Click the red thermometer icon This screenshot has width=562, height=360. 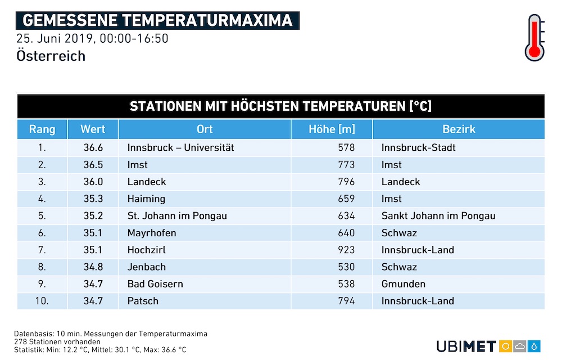pyautogui.click(x=534, y=38)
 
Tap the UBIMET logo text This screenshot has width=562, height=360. pyautogui.click(x=466, y=346)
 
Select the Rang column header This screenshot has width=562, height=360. pyautogui.click(x=42, y=129)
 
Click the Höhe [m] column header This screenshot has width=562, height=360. pyautogui.click(x=332, y=129)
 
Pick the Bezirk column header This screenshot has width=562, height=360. pyautogui.click(x=459, y=129)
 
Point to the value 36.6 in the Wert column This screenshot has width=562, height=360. pyautogui.click(x=93, y=147)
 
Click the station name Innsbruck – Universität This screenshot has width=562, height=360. pyautogui.click(x=180, y=147)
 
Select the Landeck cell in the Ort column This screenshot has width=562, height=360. pyautogui.click(x=147, y=182)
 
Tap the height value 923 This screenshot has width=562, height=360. pyautogui.click(x=346, y=250)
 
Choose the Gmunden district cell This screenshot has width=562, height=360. pyautogui.click(x=403, y=284)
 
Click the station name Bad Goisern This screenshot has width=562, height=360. pyautogui.click(x=155, y=284)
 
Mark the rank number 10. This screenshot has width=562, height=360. pyautogui.click(x=42, y=301)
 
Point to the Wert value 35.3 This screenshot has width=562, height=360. pyautogui.click(x=93, y=199)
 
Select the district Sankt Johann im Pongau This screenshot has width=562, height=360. pyautogui.click(x=438, y=216)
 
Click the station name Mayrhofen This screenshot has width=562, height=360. pyautogui.click(x=152, y=233)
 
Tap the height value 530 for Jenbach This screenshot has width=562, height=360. pyautogui.click(x=346, y=267)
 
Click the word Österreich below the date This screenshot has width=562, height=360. pyautogui.click(x=51, y=56)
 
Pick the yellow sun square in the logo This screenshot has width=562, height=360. pyautogui.click(x=505, y=346)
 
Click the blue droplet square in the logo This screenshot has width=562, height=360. pyautogui.click(x=534, y=346)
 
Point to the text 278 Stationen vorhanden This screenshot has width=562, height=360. pyautogui.click(x=57, y=341)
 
